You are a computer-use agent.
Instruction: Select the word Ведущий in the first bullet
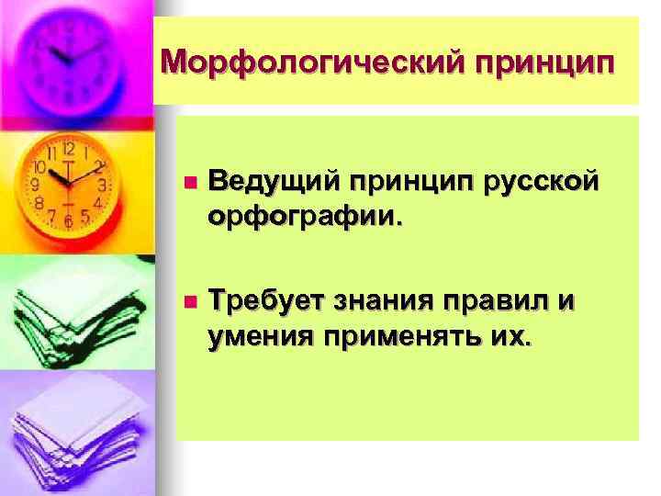click(272, 182)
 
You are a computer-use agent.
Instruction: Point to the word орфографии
click(304, 218)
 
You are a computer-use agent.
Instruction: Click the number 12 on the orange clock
click(67, 148)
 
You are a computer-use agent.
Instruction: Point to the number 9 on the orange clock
click(35, 185)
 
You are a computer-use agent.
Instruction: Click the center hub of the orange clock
click(66, 179)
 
